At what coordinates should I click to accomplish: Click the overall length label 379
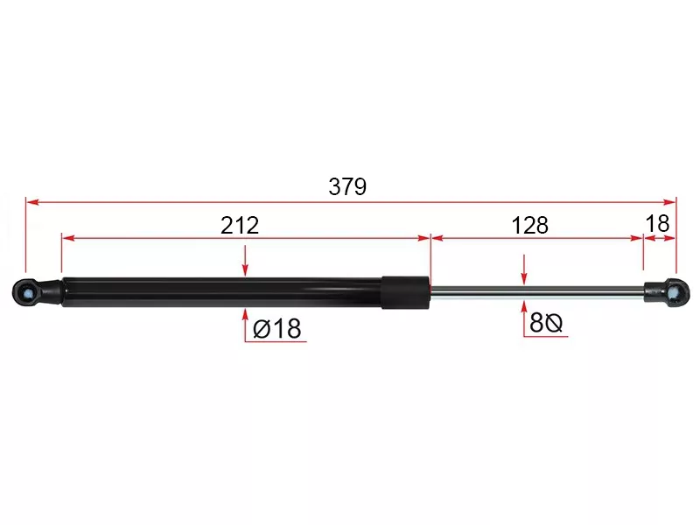pyautogui.click(x=347, y=186)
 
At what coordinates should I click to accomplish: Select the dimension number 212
pyautogui.click(x=240, y=226)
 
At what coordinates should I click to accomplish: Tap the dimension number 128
pyautogui.click(x=530, y=226)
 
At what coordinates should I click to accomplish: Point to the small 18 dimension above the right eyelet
pyautogui.click(x=658, y=223)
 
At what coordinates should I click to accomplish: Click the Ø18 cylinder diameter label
pyautogui.click(x=277, y=329)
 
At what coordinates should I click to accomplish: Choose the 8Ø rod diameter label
pyautogui.click(x=545, y=322)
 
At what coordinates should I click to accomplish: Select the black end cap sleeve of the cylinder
pyautogui.click(x=405, y=292)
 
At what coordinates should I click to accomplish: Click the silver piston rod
pyautogui.click(x=536, y=292)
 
